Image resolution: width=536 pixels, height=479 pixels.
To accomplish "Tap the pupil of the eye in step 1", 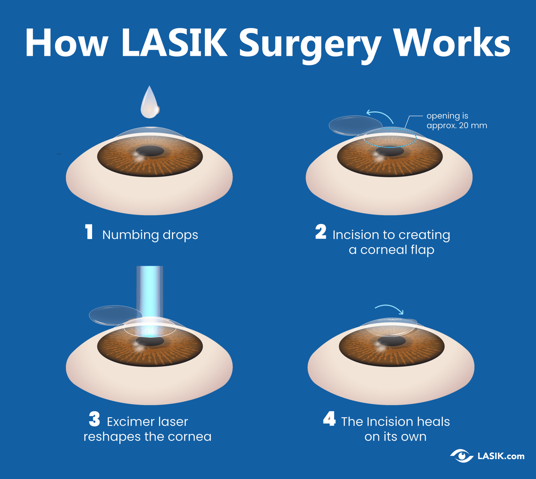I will tap(150, 151).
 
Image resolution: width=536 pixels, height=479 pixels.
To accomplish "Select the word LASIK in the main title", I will tap(174, 43).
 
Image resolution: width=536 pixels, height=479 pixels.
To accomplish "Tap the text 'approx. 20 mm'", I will tap(456, 126).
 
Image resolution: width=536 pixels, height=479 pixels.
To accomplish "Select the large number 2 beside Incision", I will tap(321, 232).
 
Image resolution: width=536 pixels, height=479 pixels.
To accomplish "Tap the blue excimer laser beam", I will tap(150, 290).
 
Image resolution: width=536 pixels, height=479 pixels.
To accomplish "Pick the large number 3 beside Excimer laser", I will tap(94, 419).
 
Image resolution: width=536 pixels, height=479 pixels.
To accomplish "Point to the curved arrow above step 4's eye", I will tap(389, 308).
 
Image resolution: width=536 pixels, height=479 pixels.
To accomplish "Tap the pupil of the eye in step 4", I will tap(392, 341).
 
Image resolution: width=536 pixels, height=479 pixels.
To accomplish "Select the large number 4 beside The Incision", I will tap(329, 419).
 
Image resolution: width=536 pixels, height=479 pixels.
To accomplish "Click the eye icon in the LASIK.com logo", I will tap(462, 456).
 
